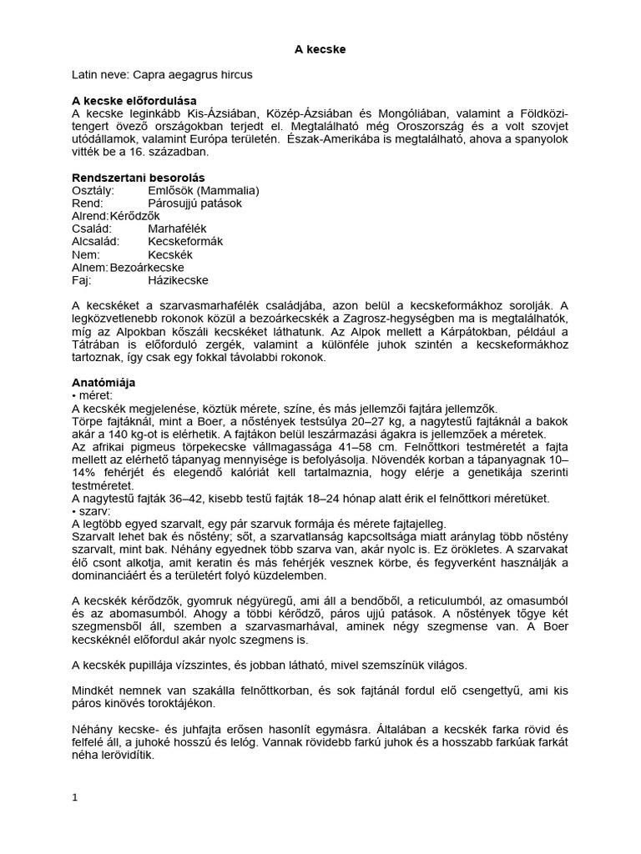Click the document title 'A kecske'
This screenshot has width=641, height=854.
320,50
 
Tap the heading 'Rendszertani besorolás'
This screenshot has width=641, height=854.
139,178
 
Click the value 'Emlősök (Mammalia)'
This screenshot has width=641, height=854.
203,190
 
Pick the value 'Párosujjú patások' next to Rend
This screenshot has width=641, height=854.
194,203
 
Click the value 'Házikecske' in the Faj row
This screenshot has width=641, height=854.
178,280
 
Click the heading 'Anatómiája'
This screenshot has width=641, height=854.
104,382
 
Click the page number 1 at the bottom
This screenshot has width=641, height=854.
74,797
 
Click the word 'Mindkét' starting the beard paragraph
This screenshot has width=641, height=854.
94,691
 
